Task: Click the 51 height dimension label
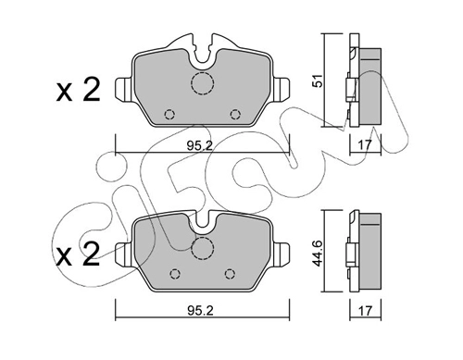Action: (319, 81)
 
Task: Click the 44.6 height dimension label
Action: (319, 253)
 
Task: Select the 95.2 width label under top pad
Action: (200, 145)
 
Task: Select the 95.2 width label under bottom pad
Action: (200, 310)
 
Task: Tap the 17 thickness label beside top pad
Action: (366, 144)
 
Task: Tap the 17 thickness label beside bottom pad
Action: (366, 311)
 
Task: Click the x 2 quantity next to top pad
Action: (78, 90)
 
